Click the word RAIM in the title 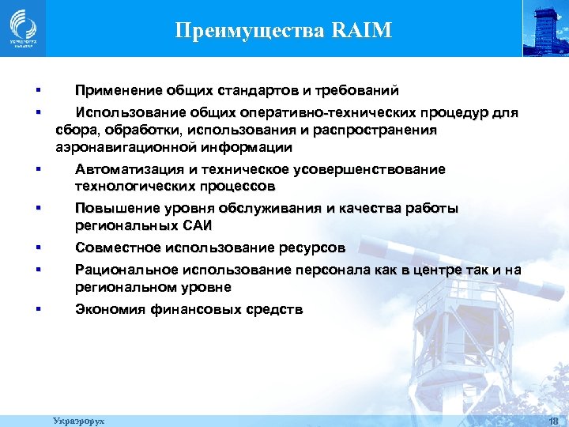pos(364,32)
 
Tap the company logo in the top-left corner pos(22,28)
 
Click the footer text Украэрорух pos(78,421)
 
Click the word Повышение pos(113,209)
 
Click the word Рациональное pos(122,270)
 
